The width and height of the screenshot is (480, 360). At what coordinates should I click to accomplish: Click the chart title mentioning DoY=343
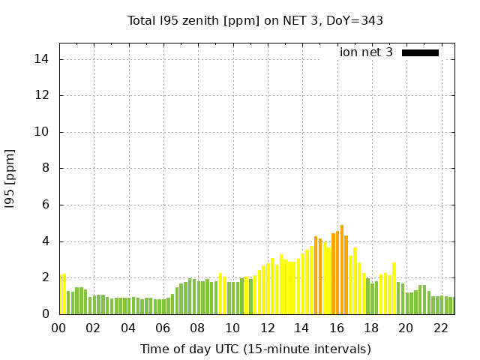coord(256,21)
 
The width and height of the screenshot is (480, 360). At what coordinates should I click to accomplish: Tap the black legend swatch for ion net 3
coord(420,52)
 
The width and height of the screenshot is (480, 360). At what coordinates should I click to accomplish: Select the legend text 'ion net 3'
coord(366,52)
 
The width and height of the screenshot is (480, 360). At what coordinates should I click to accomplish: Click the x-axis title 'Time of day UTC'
coord(255,349)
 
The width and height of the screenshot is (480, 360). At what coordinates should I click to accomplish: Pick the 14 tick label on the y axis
coord(43,59)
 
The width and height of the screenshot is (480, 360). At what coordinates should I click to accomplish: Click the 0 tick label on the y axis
coord(46,314)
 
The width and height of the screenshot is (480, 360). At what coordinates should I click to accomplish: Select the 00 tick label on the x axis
coord(59,328)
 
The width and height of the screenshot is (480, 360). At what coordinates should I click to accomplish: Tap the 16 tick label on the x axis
coord(336,328)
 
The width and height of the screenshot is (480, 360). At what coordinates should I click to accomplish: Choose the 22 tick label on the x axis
coord(440,328)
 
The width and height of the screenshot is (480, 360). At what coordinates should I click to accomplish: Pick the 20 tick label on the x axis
coord(406,328)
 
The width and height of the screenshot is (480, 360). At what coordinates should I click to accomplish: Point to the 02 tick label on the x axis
coord(94,328)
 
